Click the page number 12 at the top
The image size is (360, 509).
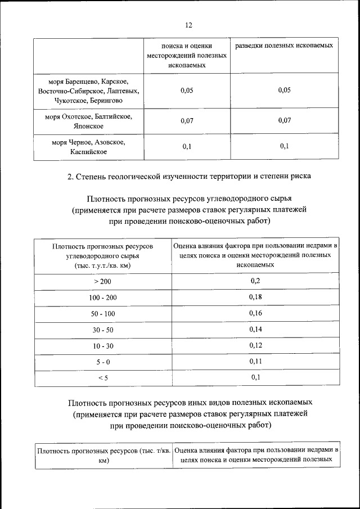pos(188,25)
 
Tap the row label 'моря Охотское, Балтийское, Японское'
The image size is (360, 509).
pos(89,121)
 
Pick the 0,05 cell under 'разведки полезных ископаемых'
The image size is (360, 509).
pos(284,91)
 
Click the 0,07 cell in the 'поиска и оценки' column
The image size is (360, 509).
pos(187,121)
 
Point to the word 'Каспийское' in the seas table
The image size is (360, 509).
pos(89,151)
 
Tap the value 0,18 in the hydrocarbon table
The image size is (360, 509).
pos(256,296)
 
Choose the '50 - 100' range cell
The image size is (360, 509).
pos(102,313)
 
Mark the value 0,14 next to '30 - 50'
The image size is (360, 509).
pos(256,329)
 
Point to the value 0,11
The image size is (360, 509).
pos(256,361)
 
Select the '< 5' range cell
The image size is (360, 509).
pos(102,378)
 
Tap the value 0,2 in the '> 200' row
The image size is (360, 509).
pos(256,280)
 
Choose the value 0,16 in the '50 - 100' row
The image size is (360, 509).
pos(256,313)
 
